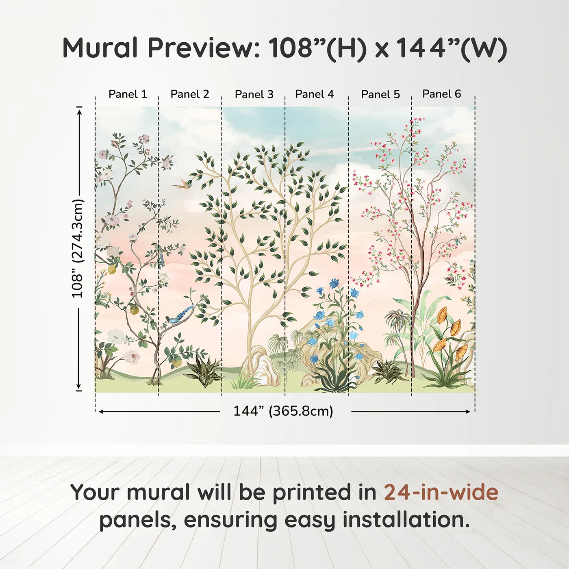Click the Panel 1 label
coord(128,94)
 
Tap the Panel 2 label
coord(190,94)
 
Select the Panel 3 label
coord(254,94)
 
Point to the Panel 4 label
coord(315,94)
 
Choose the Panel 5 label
coord(380,94)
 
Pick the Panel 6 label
coord(441,94)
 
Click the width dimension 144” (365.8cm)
coord(283,411)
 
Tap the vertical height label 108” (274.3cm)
coord(78,248)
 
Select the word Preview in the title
coord(204,48)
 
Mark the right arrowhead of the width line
coord(467,412)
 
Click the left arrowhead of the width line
coord(101,412)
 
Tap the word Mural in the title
coord(100,48)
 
